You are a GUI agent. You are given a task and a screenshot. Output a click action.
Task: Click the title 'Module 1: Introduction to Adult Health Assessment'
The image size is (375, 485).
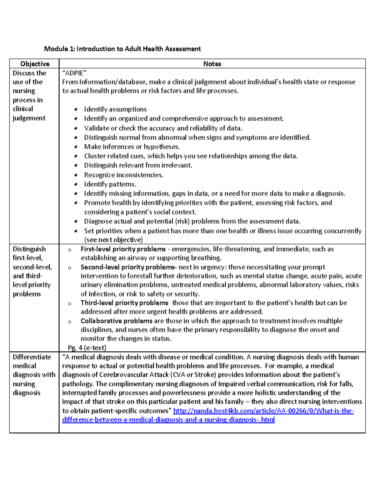pyautogui.click(x=122, y=49)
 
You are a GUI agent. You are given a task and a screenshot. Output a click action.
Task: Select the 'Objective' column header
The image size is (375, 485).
pyautogui.click(x=35, y=64)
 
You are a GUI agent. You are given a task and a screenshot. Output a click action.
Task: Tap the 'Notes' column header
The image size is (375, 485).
pyautogui.click(x=212, y=64)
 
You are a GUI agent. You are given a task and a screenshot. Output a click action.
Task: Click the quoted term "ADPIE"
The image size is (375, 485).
pyautogui.click(x=74, y=73)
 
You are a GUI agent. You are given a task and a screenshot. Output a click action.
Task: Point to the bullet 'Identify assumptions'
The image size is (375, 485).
pyautogui.click(x=115, y=109)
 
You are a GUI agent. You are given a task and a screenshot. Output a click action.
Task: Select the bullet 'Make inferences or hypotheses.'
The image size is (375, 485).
pyautogui.click(x=132, y=147)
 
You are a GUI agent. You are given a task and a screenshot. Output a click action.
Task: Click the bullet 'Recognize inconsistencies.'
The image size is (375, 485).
pyautogui.click(x=123, y=175)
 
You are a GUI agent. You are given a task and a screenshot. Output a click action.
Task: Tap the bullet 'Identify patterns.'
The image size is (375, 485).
pyautogui.click(x=110, y=184)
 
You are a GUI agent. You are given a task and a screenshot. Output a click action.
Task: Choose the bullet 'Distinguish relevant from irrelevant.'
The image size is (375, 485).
pyautogui.click(x=138, y=165)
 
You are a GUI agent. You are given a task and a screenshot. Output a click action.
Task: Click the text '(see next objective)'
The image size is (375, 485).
pyautogui.click(x=113, y=240)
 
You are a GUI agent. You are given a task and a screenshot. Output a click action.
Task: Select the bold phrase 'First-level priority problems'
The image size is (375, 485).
pyautogui.click(x=123, y=249)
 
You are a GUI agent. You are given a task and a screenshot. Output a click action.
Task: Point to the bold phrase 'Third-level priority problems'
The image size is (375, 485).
pyautogui.click(x=124, y=303)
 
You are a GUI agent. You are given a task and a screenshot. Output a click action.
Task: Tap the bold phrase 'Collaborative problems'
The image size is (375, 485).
pyautogui.click(x=116, y=321)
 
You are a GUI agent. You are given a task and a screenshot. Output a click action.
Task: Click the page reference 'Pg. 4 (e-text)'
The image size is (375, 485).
pyautogui.click(x=87, y=348)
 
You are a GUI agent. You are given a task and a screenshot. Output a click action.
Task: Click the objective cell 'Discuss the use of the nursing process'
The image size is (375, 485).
pyautogui.click(x=29, y=95)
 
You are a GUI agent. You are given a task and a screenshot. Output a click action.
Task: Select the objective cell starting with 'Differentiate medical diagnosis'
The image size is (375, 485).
pyautogui.click(x=34, y=375)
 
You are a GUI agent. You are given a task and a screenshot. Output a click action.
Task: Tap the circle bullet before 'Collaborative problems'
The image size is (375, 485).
pyautogui.click(x=70, y=322)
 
